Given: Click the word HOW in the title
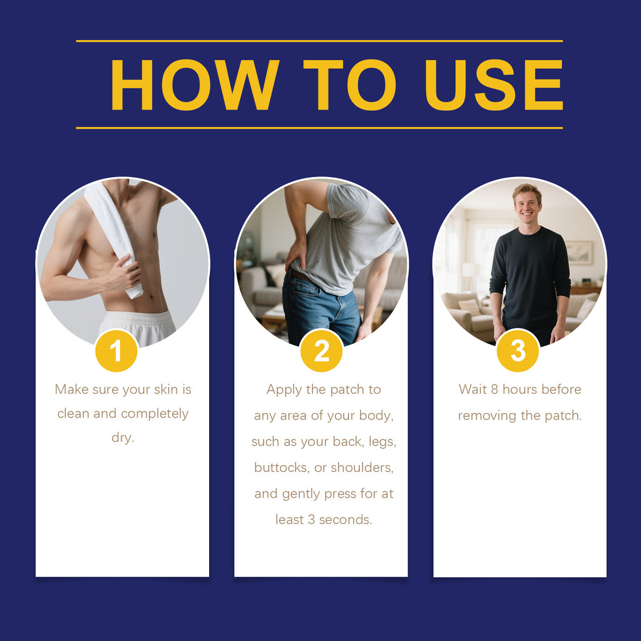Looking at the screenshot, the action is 195,85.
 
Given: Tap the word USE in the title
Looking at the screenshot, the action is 494,85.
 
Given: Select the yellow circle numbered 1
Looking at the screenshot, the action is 116,351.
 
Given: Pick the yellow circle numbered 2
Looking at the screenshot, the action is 321,351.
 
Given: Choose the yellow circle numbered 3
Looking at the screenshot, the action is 518,351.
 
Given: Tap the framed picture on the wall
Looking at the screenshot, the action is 579,253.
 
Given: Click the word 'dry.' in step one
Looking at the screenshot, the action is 123,438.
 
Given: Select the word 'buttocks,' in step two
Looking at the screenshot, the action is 282,467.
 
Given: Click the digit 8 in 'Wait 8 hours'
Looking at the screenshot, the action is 495,389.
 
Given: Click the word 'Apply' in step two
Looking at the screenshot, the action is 284,390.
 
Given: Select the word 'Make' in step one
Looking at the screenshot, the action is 71,389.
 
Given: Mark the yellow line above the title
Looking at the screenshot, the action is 319,41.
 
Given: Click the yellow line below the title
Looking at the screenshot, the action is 319,128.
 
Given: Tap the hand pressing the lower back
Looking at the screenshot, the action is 295,255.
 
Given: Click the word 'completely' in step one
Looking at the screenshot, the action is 155,414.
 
